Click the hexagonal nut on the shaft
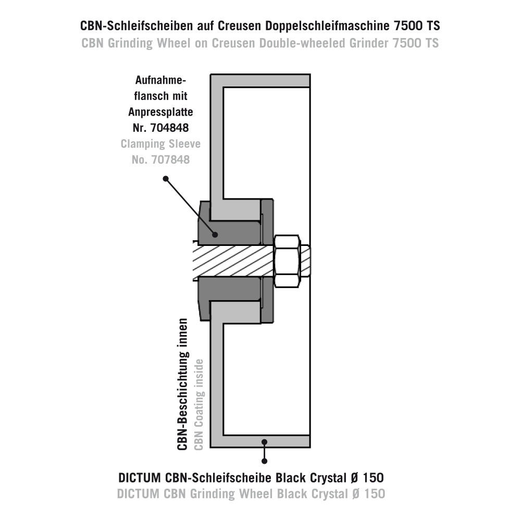(288, 261)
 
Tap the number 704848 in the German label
(169, 128)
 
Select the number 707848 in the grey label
(170, 160)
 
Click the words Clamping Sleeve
(160, 144)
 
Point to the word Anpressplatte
(160, 112)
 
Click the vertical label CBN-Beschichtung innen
(183, 384)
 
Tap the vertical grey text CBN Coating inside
(199, 405)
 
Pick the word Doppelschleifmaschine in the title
(327, 26)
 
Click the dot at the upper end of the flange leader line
(166, 179)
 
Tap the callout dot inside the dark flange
(215, 234)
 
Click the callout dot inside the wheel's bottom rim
(265, 442)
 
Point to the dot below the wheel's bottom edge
(265, 461)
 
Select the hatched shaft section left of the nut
(233, 261)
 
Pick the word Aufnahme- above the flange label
(160, 80)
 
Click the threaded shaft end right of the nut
(306, 261)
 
